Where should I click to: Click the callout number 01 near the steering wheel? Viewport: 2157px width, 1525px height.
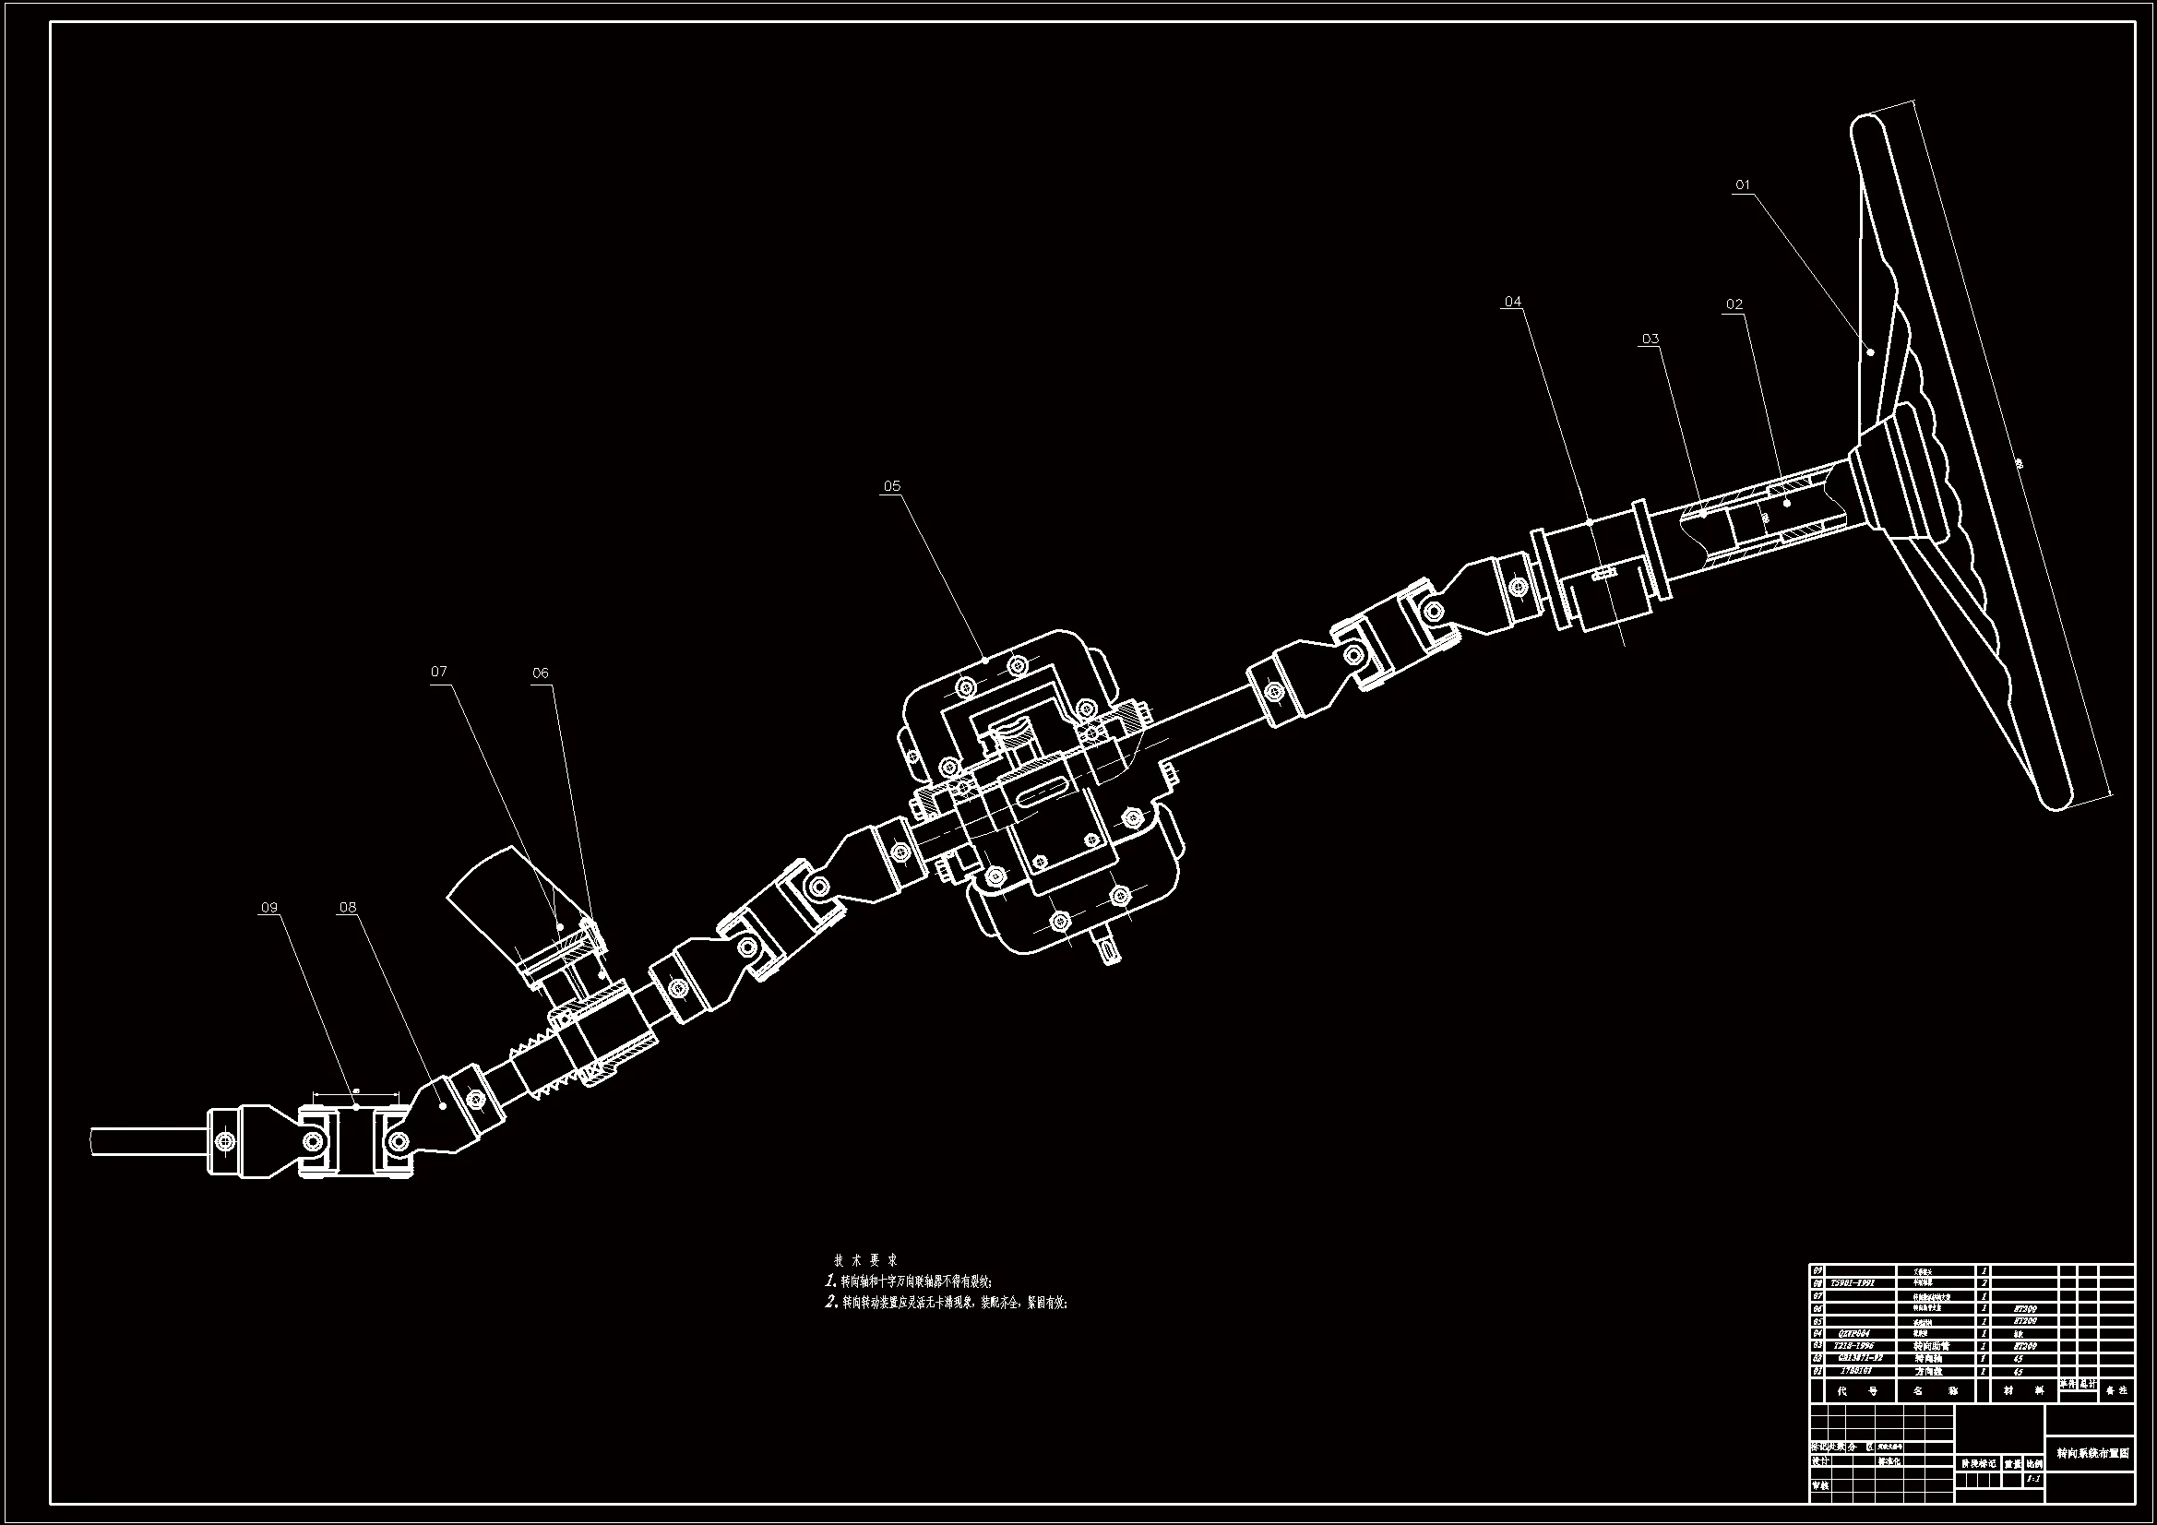(x=1743, y=185)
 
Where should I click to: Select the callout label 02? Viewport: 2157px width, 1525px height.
(x=1734, y=304)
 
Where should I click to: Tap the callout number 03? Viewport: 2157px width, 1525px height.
(x=1651, y=340)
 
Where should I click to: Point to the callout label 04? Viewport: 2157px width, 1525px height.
(x=1512, y=302)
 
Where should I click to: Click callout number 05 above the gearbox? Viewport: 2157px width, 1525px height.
(x=891, y=486)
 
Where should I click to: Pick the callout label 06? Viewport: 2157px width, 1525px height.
(x=541, y=673)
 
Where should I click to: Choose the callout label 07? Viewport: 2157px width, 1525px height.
(x=439, y=672)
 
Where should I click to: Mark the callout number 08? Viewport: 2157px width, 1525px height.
(x=348, y=908)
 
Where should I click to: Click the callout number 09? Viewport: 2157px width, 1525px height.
(x=269, y=908)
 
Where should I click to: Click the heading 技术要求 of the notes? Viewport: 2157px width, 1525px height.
(x=866, y=1260)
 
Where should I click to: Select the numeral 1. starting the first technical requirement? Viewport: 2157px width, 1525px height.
(x=830, y=1281)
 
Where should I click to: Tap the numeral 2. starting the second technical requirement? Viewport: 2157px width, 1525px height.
(x=830, y=1303)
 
